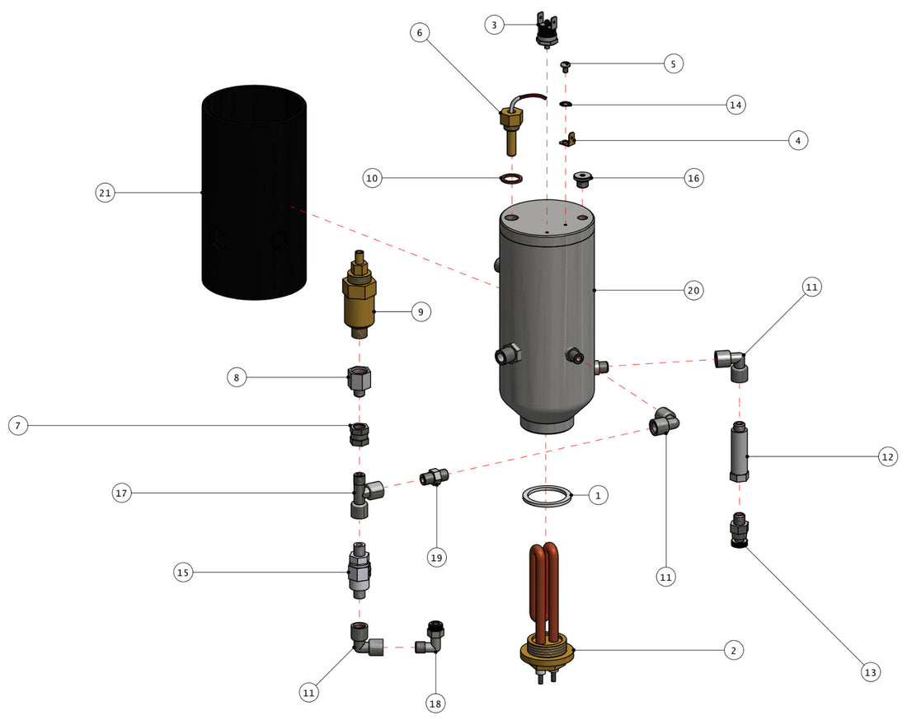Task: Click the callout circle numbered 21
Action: coord(105,193)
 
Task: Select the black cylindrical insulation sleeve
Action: coord(255,194)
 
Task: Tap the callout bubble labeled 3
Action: coord(495,26)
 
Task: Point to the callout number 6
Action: coord(419,33)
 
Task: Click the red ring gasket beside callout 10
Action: coord(512,179)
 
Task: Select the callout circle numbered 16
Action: coord(693,178)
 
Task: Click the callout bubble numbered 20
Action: coord(693,290)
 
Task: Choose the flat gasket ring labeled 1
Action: coord(547,496)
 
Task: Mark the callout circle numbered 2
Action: coord(732,650)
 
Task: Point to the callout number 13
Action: coord(869,672)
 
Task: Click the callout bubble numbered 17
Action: coord(123,493)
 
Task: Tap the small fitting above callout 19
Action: coord(435,476)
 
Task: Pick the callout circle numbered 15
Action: coord(185,572)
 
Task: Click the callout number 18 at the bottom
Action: coord(436,704)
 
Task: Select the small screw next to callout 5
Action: coord(566,65)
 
